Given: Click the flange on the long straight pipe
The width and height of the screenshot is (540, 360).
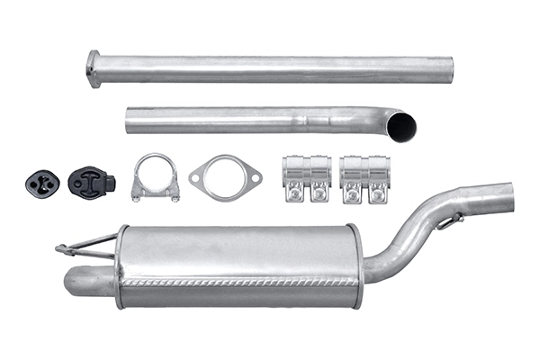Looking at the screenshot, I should (94, 69).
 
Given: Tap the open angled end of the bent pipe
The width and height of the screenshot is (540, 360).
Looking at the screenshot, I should (402, 126).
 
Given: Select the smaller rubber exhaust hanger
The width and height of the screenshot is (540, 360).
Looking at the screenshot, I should (41, 183).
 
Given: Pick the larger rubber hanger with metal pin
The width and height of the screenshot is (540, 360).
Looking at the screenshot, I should (90, 182).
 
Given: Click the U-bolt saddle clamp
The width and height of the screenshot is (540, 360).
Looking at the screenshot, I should (155, 177).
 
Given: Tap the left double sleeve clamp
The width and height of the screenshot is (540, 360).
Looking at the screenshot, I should (306, 177).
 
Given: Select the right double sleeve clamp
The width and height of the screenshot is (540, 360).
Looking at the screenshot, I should (364, 178).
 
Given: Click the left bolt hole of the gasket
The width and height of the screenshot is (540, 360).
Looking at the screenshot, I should (196, 177).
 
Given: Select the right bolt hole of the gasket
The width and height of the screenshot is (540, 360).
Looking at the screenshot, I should (255, 177).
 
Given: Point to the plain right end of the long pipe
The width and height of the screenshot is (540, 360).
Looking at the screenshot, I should (449, 70).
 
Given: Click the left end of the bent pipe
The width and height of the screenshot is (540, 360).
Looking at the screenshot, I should (129, 121).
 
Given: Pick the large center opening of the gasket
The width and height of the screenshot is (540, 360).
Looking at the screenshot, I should (224, 178).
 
